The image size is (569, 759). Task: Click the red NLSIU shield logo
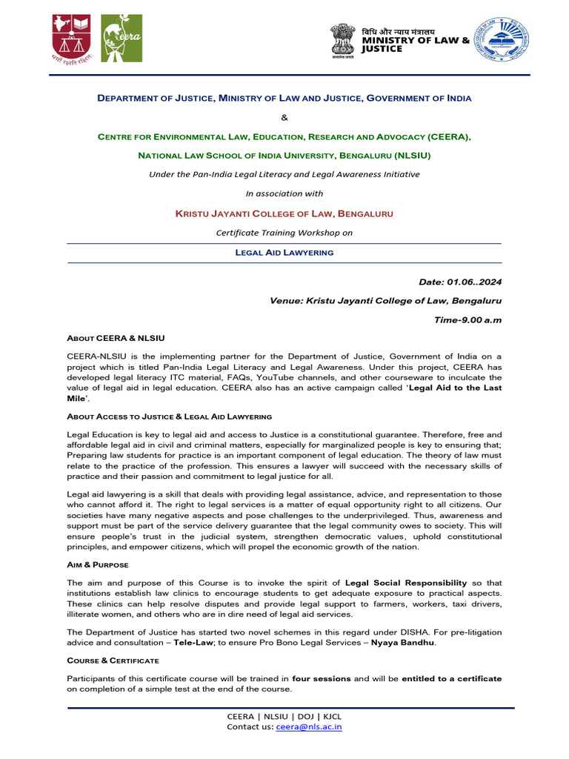click(x=72, y=36)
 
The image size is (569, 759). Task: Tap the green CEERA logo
click(x=122, y=37)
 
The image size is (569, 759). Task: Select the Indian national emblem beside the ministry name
click(x=343, y=40)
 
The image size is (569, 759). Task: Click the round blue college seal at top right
click(x=502, y=40)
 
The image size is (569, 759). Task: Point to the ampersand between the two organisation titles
click(x=284, y=117)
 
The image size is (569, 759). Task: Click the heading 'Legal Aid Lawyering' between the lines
click(x=284, y=253)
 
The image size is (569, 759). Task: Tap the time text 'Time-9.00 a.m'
click(x=467, y=319)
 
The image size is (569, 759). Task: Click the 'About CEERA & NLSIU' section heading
click(x=115, y=338)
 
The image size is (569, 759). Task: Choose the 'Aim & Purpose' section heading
click(x=98, y=565)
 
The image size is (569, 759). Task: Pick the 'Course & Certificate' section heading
click(x=112, y=660)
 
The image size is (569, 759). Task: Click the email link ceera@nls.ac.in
click(x=309, y=728)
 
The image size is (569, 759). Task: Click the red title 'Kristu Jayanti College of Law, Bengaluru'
click(x=284, y=213)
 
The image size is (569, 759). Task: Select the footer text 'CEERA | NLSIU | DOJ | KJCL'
click(x=284, y=717)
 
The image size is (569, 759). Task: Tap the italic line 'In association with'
click(x=284, y=193)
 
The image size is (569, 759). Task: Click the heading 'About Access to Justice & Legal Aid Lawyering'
click(x=170, y=417)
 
